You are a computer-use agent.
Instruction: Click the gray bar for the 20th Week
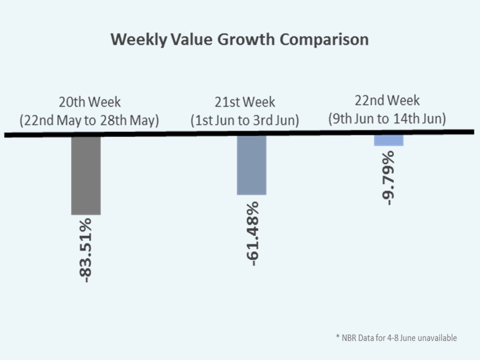[86, 175]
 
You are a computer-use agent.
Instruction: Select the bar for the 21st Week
[251, 165]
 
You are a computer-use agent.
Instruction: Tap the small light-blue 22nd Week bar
[388, 140]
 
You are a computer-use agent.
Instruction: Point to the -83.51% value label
[86, 250]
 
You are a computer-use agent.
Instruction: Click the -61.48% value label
[252, 233]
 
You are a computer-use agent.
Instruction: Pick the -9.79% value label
[388, 177]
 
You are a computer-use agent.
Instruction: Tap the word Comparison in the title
[324, 39]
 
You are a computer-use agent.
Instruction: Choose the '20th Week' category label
[89, 102]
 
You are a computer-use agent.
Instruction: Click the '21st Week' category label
[245, 102]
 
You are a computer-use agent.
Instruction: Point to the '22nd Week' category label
[387, 101]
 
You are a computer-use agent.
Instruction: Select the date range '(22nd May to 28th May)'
[89, 120]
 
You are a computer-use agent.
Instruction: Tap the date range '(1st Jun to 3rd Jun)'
[245, 120]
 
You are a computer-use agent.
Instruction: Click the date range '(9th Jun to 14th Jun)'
[387, 119]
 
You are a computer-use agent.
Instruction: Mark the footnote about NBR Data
[396, 338]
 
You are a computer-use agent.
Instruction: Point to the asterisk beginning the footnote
[337, 337]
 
